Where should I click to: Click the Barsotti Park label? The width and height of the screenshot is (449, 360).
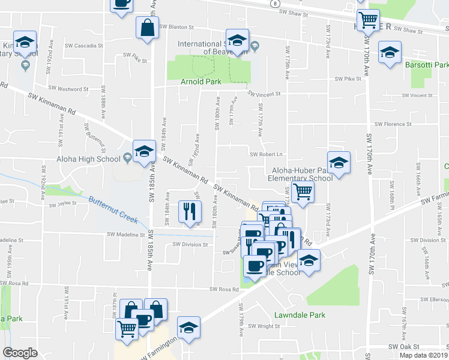pyautogui.click(x=427, y=65)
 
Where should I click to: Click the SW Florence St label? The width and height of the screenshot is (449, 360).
pyautogui.click(x=393, y=124)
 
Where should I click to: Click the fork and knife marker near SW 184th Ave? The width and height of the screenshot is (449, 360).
pyautogui.click(x=189, y=212)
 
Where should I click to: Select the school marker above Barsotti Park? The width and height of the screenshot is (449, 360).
pyautogui.click(x=390, y=52)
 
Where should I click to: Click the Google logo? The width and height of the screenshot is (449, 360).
pyautogui.click(x=20, y=353)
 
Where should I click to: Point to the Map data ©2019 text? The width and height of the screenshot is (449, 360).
pyautogui.click(x=423, y=355)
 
